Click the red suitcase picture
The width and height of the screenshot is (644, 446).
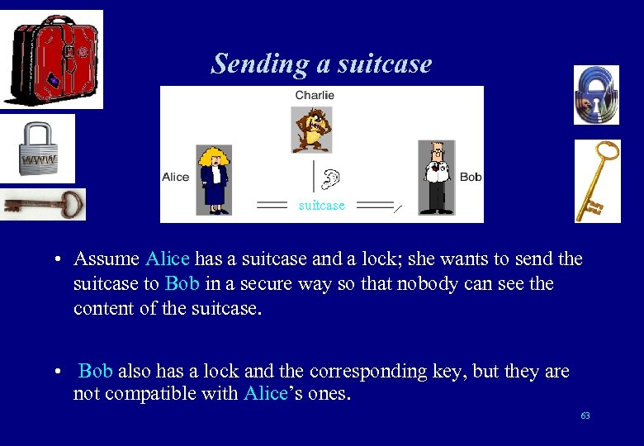(x=53, y=59)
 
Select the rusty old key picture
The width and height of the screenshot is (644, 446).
(x=43, y=203)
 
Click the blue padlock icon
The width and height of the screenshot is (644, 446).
(x=596, y=95)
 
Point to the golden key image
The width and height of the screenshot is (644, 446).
(x=597, y=181)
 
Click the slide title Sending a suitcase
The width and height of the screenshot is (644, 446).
(x=321, y=64)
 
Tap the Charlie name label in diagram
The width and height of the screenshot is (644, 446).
(x=315, y=95)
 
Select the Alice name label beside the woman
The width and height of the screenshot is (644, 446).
(x=176, y=177)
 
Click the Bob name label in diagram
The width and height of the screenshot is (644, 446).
(x=471, y=177)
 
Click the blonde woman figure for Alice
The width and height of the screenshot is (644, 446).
(x=214, y=179)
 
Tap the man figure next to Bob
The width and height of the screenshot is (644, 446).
(x=435, y=177)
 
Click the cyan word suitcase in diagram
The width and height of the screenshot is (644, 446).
(x=321, y=206)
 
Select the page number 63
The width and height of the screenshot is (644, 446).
(x=585, y=415)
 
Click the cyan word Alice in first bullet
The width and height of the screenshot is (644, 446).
(x=167, y=259)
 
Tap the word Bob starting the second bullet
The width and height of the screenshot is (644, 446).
(x=95, y=371)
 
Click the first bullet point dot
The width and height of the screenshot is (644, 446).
(x=60, y=260)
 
